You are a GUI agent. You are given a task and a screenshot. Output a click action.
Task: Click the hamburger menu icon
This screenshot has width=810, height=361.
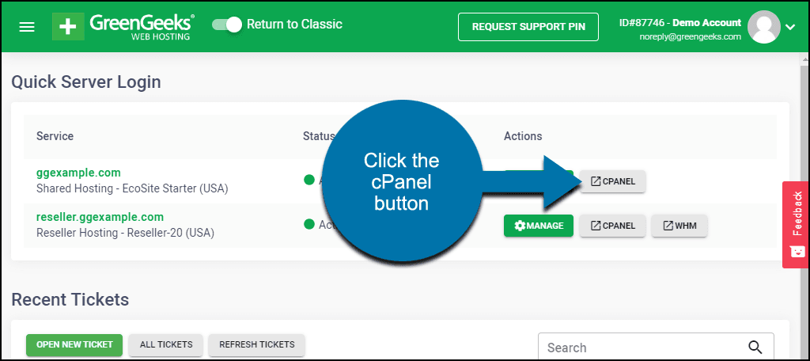point(27,27)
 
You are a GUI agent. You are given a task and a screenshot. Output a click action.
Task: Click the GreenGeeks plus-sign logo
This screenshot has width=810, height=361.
point(68,26)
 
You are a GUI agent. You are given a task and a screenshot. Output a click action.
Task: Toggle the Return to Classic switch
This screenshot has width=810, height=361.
point(227,25)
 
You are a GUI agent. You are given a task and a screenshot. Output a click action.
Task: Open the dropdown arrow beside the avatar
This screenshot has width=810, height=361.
point(790,28)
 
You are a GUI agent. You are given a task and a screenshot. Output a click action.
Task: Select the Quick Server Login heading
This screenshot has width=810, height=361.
point(85,82)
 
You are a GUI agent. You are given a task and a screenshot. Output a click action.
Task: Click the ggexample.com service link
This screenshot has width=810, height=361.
point(78,173)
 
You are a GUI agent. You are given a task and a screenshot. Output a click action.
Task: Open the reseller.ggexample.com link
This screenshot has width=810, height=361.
point(100,217)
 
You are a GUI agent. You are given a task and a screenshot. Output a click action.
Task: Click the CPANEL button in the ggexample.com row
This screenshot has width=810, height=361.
point(613,181)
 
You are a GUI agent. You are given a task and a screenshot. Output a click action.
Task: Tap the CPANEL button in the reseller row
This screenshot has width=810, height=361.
point(613,226)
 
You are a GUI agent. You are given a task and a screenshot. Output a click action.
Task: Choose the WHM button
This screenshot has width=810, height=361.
point(679,226)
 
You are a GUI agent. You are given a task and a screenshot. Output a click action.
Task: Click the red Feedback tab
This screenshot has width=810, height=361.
point(796,225)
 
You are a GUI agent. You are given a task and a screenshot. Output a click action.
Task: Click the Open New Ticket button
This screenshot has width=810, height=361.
point(74,344)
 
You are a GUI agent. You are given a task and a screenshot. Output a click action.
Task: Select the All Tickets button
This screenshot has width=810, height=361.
point(166,344)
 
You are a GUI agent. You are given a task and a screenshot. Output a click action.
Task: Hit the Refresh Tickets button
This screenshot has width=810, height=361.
point(257,344)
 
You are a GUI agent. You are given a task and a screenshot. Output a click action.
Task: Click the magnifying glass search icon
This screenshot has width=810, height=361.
point(755,348)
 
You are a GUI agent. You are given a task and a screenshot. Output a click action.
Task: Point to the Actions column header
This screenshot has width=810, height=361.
point(523,136)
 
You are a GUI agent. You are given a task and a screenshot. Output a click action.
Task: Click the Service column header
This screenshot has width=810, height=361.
point(55,136)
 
